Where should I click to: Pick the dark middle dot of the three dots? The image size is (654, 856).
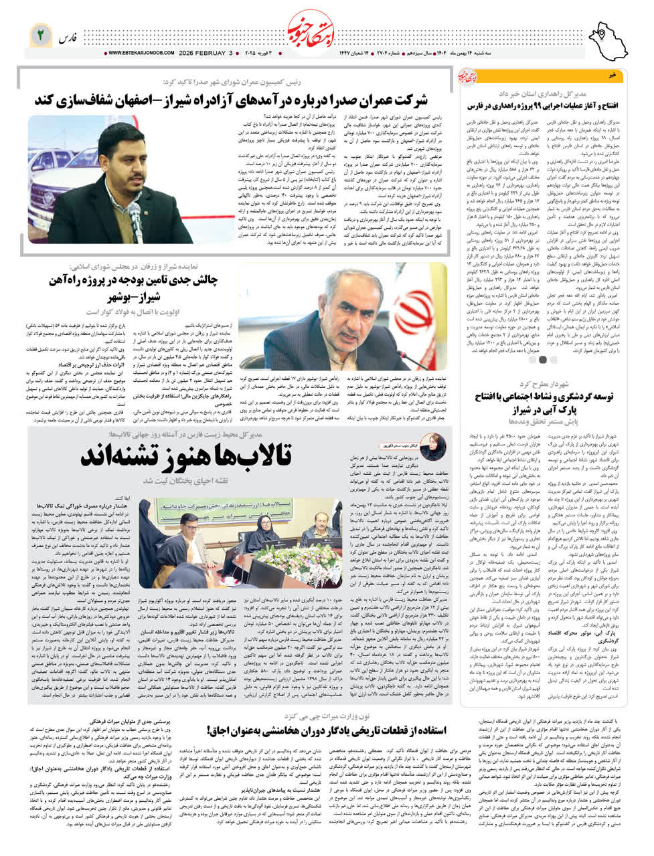coord(542,359)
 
